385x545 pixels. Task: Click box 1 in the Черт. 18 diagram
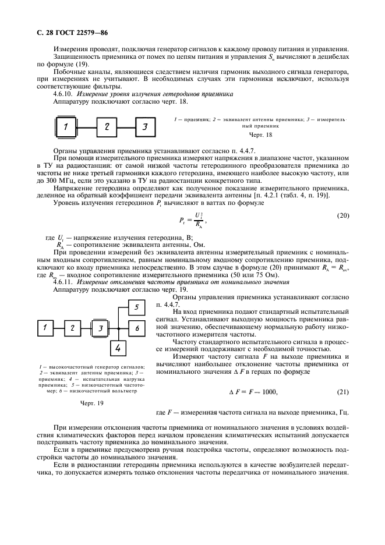(x=66, y=127)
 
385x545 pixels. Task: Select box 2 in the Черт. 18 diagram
(x=107, y=126)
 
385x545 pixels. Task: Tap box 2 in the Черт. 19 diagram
(x=72, y=329)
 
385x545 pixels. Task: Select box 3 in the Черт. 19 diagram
(x=100, y=329)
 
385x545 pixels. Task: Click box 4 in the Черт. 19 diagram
(x=118, y=348)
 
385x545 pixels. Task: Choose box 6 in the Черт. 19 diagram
(x=136, y=329)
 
